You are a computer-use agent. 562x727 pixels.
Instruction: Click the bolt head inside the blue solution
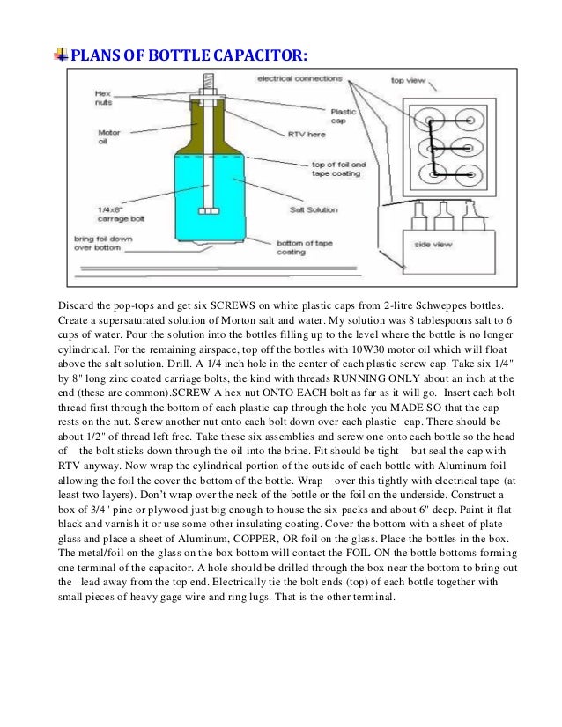208,210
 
